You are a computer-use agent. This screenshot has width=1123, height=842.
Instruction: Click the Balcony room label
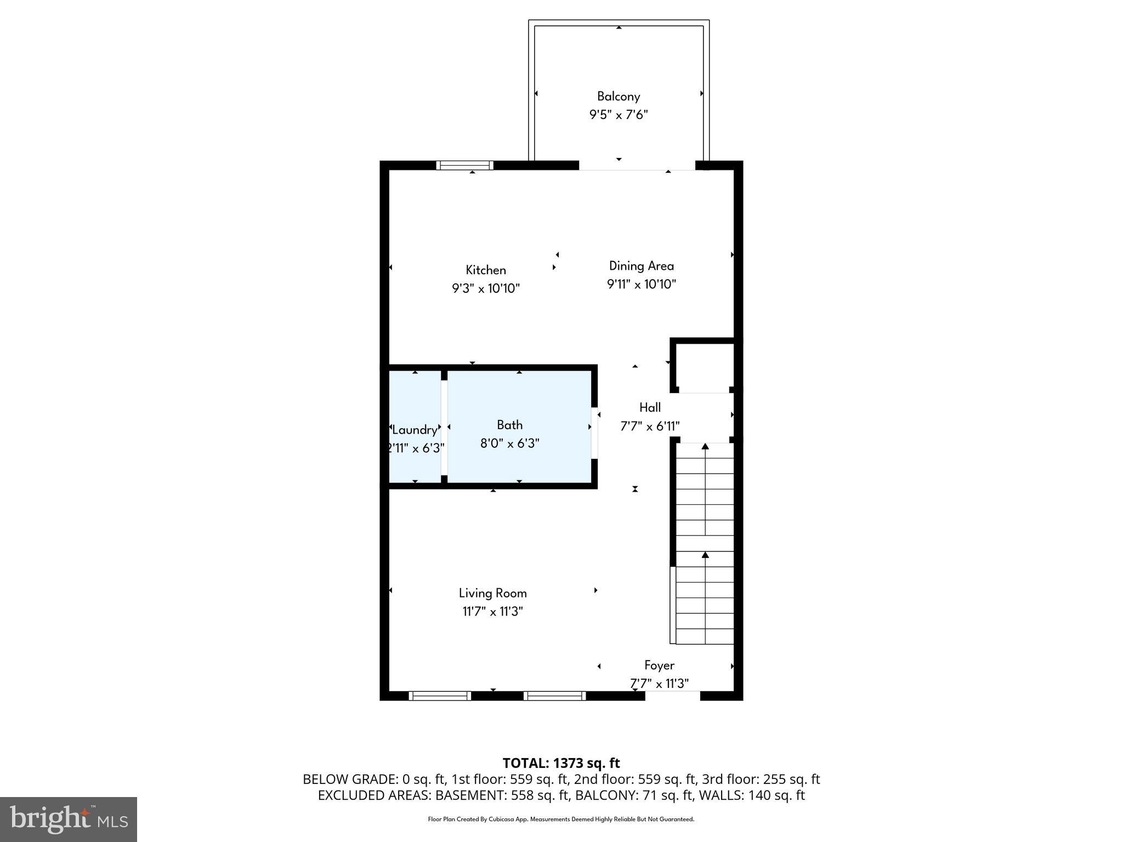click(618, 96)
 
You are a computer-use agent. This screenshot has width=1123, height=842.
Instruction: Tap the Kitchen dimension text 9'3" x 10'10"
click(485, 288)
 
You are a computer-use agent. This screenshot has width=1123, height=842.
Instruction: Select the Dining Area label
click(641, 266)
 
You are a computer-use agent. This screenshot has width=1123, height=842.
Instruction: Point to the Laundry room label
click(415, 430)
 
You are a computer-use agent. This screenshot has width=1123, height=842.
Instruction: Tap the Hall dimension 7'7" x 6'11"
click(650, 426)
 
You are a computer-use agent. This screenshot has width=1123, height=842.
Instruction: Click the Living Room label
click(492, 593)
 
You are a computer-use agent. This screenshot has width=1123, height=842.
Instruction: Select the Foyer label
click(659, 665)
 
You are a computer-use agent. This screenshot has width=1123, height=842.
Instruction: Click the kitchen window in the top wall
click(464, 165)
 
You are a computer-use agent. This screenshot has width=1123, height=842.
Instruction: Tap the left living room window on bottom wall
click(440, 696)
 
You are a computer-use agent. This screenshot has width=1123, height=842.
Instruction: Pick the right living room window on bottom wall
click(554, 696)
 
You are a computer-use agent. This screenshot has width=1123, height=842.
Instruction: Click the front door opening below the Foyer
click(672, 696)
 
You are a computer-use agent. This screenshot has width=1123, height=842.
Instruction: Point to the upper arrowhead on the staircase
click(705, 447)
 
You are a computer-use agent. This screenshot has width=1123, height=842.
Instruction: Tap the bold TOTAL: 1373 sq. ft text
click(561, 763)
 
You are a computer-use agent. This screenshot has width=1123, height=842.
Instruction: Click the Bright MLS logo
click(69, 819)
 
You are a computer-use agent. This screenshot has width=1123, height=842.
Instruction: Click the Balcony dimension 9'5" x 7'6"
click(618, 115)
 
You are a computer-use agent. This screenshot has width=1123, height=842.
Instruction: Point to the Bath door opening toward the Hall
click(594, 432)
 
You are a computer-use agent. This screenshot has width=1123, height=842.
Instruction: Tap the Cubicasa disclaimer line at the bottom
click(561, 820)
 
